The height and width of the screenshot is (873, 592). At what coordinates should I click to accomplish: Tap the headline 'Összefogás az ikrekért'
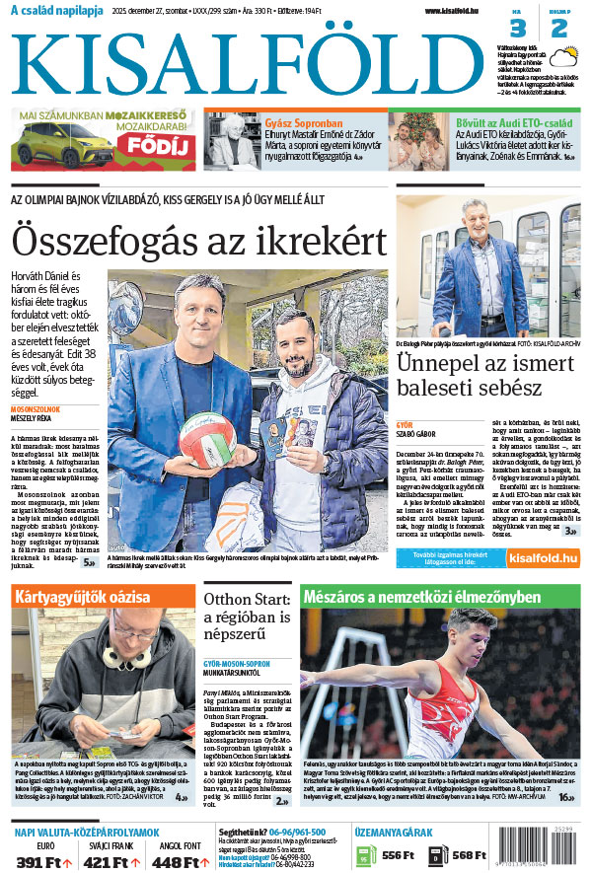click(197, 240)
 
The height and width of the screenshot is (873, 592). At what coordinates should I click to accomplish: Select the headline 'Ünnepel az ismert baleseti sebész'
click(483, 375)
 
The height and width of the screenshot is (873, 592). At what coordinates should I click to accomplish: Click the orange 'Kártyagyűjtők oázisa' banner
click(103, 597)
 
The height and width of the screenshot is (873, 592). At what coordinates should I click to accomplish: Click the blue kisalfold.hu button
click(543, 558)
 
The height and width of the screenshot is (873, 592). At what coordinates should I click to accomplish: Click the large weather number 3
click(519, 28)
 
